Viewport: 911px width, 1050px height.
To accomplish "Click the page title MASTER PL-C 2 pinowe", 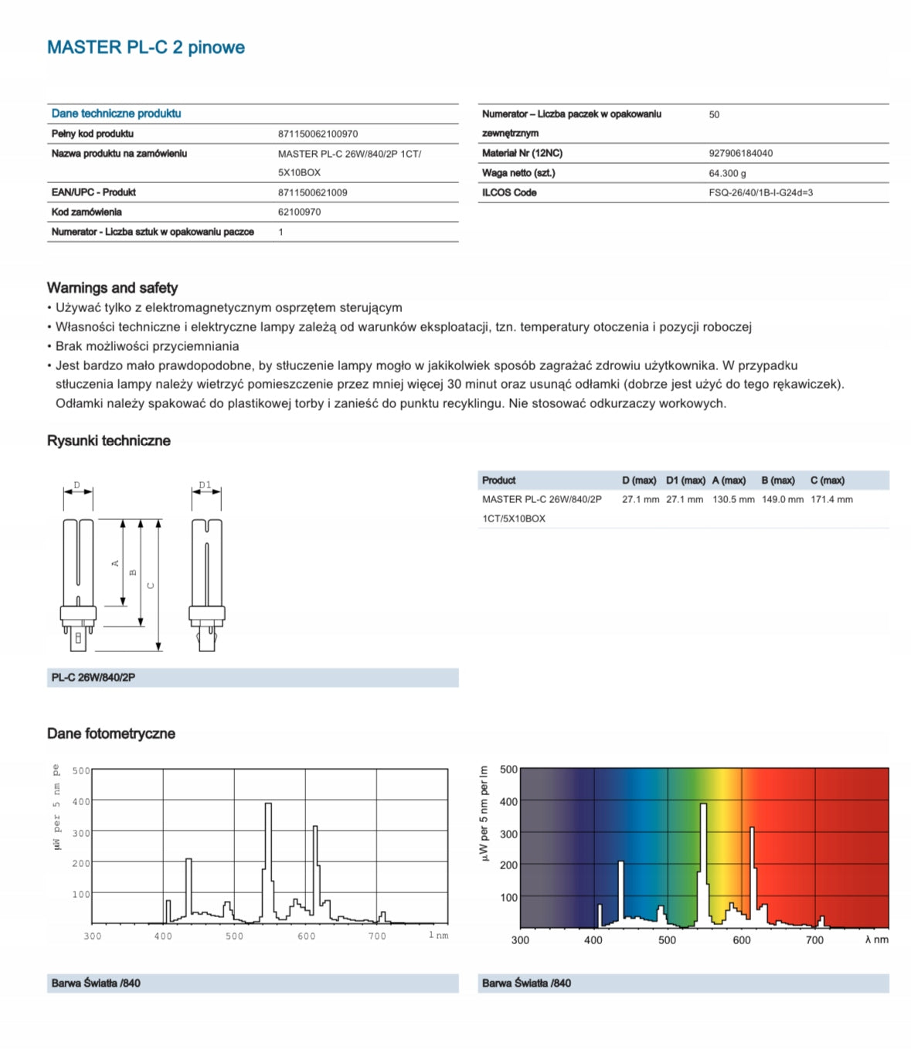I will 145,47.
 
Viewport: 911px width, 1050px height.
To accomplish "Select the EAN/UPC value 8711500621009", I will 312,192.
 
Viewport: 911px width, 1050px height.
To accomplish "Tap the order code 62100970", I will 299,212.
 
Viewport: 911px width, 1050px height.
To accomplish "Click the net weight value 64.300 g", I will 727,173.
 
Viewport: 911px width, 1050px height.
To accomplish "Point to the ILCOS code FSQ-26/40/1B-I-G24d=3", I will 760,192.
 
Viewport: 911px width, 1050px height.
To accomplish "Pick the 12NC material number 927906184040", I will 740,153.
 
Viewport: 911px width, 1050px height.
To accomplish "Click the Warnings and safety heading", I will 112,287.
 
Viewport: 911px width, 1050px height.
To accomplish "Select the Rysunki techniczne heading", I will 108,440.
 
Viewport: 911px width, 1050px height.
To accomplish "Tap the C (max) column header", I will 827,481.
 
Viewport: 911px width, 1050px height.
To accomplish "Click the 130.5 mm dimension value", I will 733,500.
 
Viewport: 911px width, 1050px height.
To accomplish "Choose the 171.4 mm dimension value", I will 831,500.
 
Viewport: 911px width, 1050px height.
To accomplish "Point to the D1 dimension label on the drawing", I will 205,485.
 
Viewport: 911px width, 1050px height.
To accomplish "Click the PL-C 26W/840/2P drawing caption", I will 93,678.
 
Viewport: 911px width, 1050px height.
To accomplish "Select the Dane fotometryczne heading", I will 110,733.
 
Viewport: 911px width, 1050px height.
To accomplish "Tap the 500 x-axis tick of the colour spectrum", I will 667,940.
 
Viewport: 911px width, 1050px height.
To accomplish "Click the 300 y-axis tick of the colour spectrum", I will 508,834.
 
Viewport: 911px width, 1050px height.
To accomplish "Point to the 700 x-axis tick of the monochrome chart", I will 377,936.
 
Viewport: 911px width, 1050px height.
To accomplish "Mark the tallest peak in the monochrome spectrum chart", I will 268,805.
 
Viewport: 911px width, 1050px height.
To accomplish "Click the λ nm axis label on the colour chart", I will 876,940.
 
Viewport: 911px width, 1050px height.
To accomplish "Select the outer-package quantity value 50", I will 714,114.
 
